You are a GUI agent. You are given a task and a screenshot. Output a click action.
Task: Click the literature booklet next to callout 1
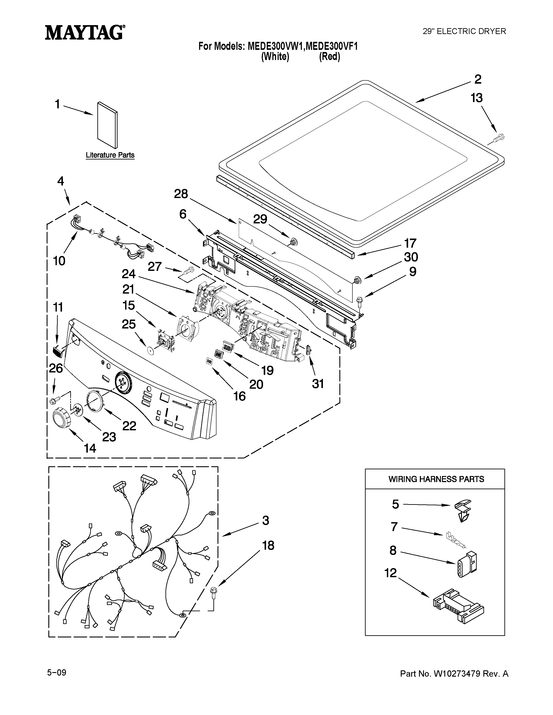point(107,125)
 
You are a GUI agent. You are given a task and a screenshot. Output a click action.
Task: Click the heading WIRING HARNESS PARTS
point(436,479)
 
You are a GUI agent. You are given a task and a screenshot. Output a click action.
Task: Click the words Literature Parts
point(110,155)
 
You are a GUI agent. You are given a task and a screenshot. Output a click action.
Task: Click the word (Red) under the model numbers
point(330,57)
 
